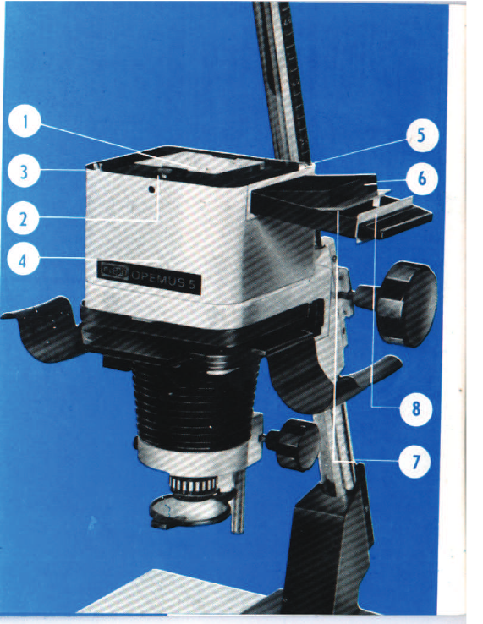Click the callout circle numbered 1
click(x=25, y=121)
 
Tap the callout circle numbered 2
click(x=23, y=218)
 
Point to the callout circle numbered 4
click(x=23, y=260)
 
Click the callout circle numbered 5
click(x=422, y=135)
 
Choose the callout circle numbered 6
click(x=422, y=178)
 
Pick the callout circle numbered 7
click(x=415, y=462)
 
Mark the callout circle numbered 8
click(x=416, y=409)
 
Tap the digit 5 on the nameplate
click(x=192, y=285)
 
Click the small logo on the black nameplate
click(x=114, y=271)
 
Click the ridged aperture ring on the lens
click(x=193, y=484)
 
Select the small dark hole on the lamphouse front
click(x=151, y=190)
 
